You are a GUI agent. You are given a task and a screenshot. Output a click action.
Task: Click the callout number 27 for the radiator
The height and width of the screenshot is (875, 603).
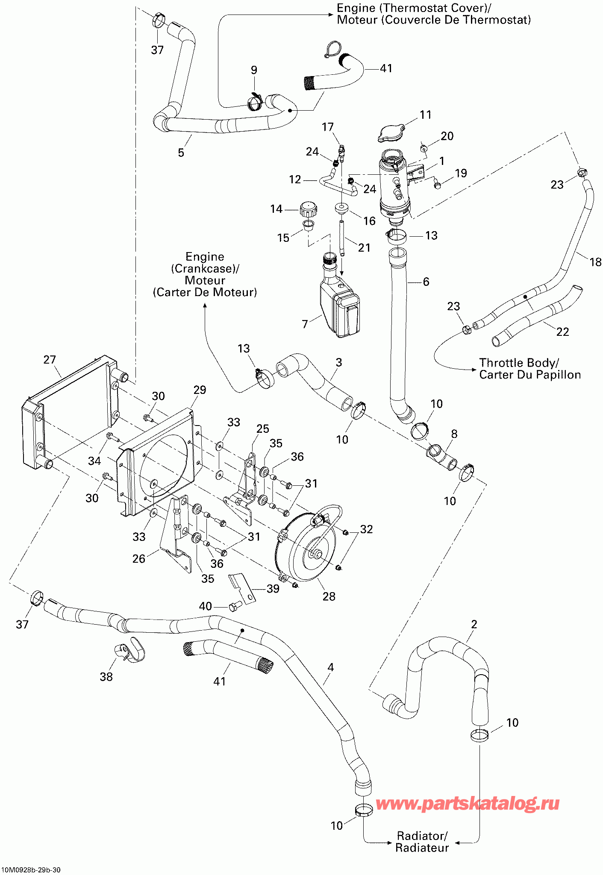50,360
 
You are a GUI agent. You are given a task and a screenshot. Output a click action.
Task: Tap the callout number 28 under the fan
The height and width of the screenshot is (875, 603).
329,596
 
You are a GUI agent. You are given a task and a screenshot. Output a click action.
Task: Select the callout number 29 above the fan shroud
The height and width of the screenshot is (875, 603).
200,390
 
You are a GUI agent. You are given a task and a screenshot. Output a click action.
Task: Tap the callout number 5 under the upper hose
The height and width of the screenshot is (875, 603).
181,153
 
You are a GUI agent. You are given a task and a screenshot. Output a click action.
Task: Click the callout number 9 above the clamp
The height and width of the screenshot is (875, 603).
254,70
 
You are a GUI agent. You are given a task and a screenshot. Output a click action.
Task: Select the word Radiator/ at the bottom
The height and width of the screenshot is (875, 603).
422,836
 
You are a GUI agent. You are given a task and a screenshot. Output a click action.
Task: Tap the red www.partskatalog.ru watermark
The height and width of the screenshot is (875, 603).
468,804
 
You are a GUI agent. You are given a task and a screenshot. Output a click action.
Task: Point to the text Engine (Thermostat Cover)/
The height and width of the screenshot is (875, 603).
414,8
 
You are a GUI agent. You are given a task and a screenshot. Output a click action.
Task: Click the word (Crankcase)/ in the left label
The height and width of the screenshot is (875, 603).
205,269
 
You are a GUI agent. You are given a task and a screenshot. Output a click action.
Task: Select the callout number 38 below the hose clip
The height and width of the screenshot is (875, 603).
106,677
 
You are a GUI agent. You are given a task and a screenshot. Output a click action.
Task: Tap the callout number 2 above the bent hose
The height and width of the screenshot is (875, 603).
474,624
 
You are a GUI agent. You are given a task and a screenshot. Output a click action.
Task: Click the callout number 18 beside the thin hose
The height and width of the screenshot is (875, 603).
596,262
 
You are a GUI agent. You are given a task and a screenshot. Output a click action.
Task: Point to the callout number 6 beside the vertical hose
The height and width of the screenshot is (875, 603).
426,282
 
